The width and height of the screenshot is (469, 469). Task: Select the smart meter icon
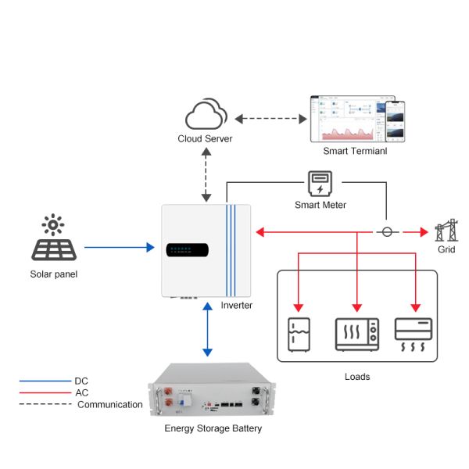click(319, 184)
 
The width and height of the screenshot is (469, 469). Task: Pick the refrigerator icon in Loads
click(298, 335)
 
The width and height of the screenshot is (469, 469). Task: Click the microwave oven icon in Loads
click(356, 334)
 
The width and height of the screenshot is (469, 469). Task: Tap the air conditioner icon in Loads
click(415, 335)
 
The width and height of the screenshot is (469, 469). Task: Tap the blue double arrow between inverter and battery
click(206, 330)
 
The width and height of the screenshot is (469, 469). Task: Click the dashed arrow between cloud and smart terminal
click(270, 120)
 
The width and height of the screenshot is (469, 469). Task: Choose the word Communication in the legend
click(109, 404)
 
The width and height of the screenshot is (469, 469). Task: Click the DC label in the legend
click(81, 381)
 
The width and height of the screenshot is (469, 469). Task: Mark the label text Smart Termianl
click(355, 150)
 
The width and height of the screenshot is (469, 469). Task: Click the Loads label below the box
click(357, 377)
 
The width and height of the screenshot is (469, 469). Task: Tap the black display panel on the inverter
click(187, 250)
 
